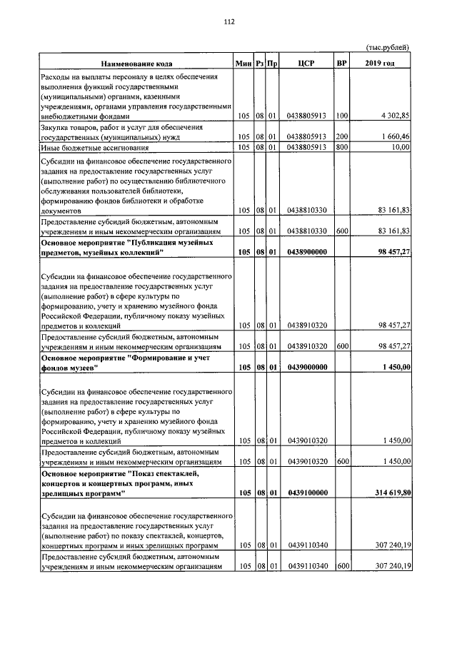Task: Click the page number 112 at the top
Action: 228,21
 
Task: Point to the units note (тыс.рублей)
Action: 387,47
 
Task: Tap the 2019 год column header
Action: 379,64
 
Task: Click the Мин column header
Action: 245,64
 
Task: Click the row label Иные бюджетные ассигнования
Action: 95,147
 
